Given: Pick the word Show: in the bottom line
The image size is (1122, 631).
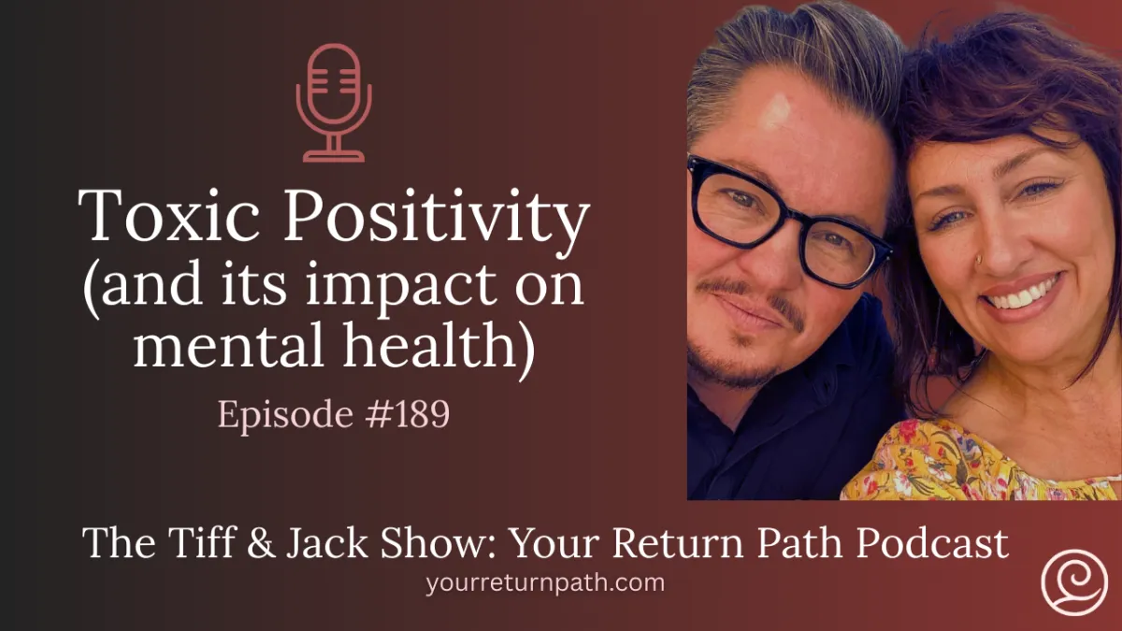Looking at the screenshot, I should click(415, 543).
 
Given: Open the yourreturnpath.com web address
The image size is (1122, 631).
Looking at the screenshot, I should click(545, 583).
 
